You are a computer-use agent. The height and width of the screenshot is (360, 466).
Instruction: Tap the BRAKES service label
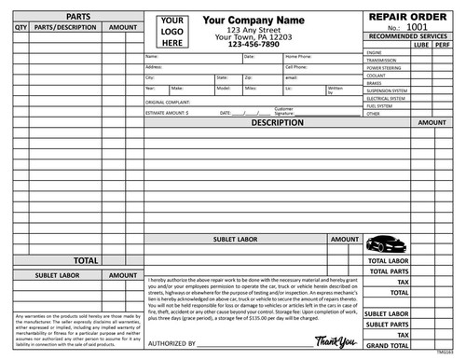click(x=377, y=84)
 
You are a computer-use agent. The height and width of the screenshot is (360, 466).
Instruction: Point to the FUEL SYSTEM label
click(x=382, y=105)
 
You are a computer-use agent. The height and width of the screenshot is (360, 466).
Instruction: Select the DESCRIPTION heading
click(x=277, y=122)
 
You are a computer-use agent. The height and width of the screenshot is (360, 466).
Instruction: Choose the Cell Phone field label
click(x=297, y=68)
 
